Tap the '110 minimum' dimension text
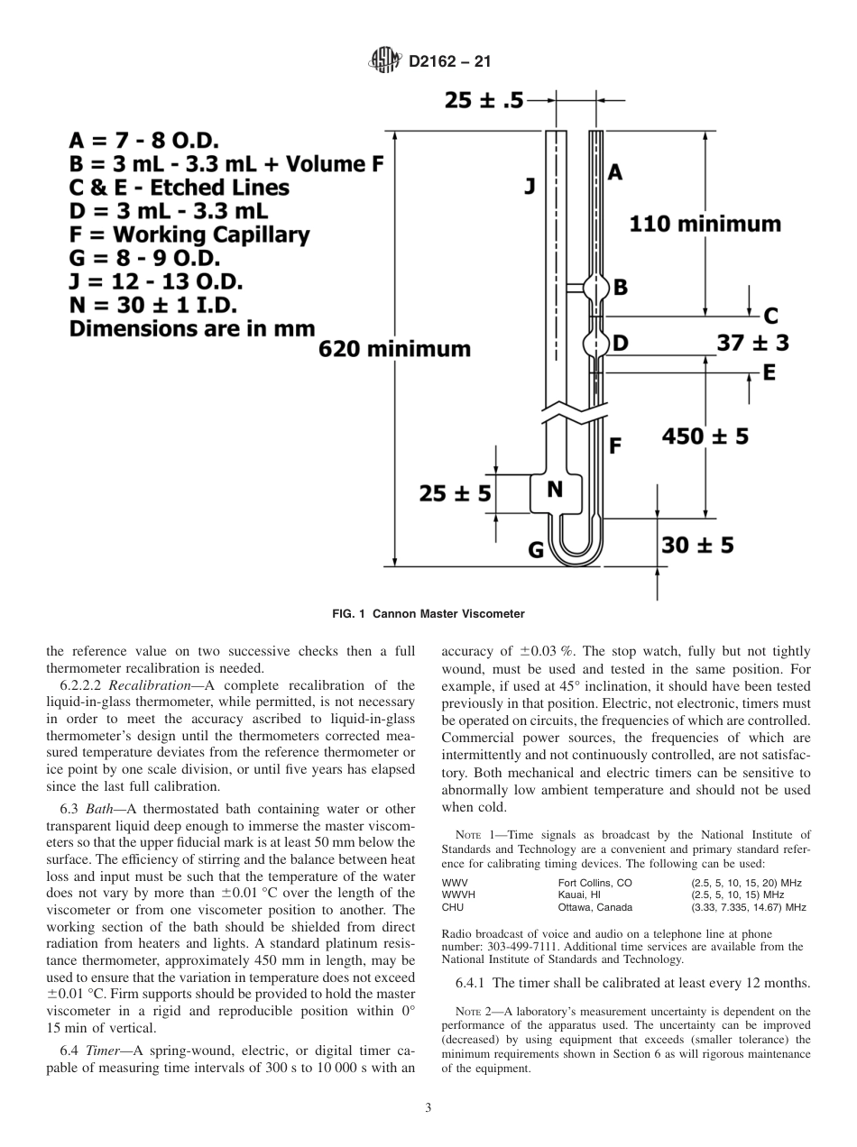coord(705,223)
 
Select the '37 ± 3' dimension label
coord(752,343)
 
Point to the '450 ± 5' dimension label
coord(705,436)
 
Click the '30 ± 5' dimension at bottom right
coord(697,545)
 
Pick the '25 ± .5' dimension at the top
coord(484,101)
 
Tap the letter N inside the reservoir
coord(556,490)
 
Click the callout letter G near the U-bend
coord(536,549)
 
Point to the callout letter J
coord(530,187)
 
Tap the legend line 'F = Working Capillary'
coord(189,234)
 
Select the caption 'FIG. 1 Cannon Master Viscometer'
coord(428,614)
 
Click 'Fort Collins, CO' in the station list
coord(595,883)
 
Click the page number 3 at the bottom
coord(428,1107)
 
